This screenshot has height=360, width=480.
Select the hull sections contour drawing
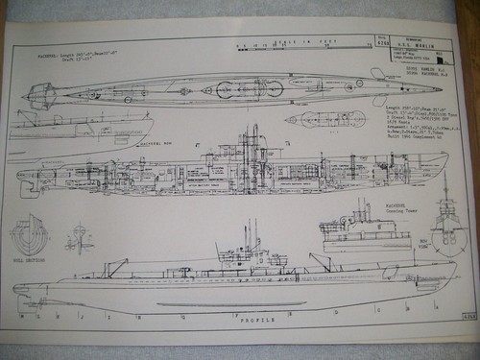tap(29, 234)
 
